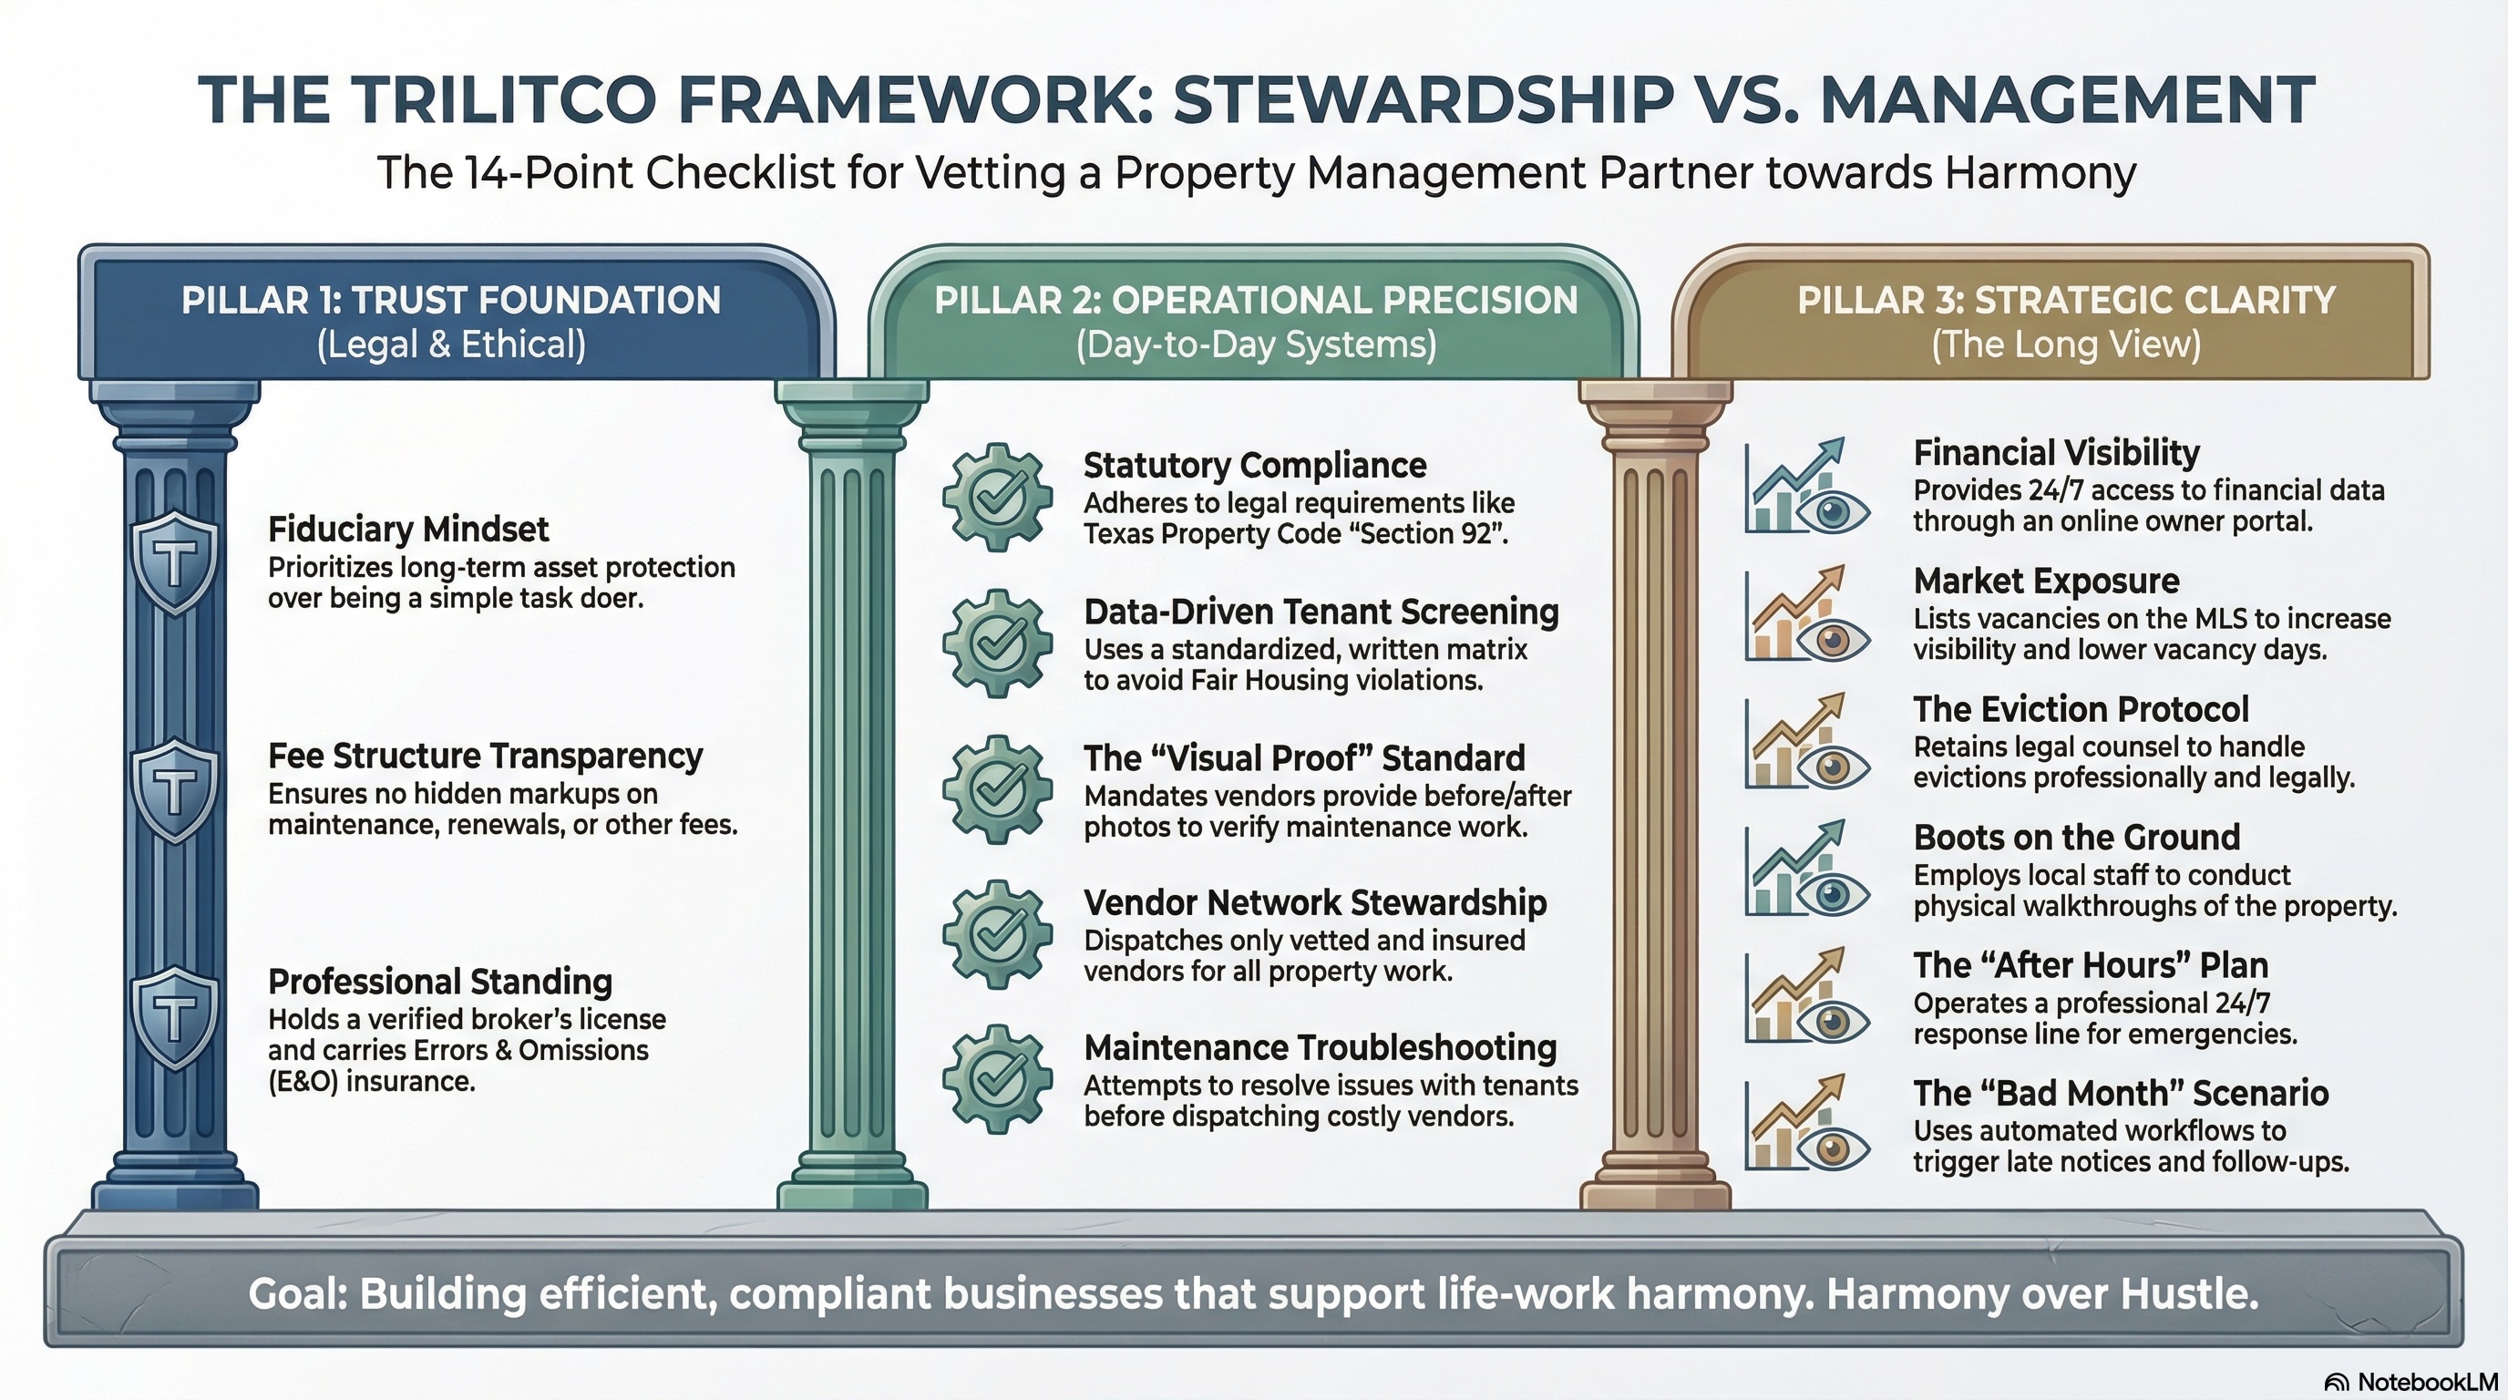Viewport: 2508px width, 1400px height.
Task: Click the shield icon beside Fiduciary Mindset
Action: pyautogui.click(x=174, y=561)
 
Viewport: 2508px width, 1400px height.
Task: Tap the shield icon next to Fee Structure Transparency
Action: pyautogui.click(x=174, y=788)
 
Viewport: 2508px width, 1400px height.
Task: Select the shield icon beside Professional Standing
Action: pyautogui.click(x=174, y=1016)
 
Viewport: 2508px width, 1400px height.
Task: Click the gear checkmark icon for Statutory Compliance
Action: pyautogui.click(x=997, y=497)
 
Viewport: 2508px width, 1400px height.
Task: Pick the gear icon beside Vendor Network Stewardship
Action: pyautogui.click(x=997, y=933)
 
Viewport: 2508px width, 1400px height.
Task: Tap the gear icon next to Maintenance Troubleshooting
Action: pyautogui.click(x=997, y=1079)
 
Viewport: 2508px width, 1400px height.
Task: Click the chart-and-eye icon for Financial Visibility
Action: pyautogui.click(x=1806, y=486)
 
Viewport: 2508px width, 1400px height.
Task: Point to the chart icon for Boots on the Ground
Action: pyautogui.click(x=1806, y=870)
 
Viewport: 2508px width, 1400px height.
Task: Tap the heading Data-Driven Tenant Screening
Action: pyautogui.click(x=1321, y=612)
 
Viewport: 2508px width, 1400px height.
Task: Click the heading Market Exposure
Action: pyautogui.click(x=2047, y=582)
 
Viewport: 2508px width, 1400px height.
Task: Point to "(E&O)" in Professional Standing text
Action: pyautogui.click(x=303, y=1082)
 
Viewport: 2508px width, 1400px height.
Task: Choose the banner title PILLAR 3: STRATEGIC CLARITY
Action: pyautogui.click(x=2066, y=300)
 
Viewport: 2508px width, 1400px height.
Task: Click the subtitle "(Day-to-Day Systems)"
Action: pyautogui.click(x=1256, y=345)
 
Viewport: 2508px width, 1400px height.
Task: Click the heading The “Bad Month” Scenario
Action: pyautogui.click(x=2121, y=1094)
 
